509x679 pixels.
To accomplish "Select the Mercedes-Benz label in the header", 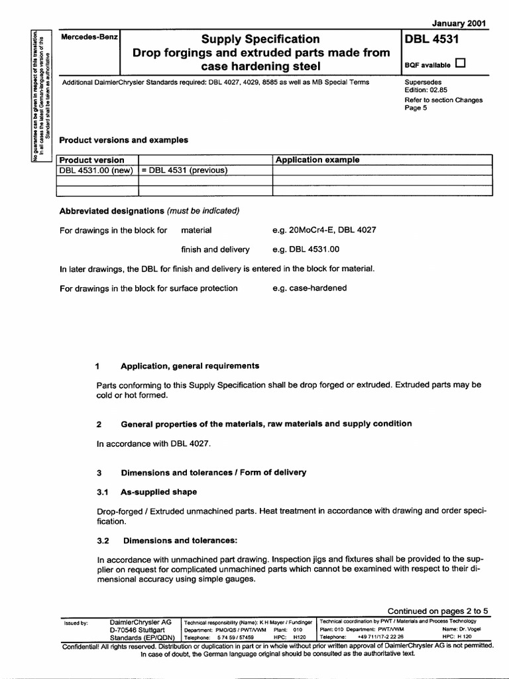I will pyautogui.click(x=89, y=38).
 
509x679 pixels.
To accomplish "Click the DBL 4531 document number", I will pyautogui.click(x=431, y=40).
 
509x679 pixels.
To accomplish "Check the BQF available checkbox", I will pyautogui.click(x=461, y=64).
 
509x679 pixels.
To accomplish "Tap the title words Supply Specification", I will pyautogui.click(x=260, y=39).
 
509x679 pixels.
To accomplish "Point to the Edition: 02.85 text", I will pyautogui.click(x=426, y=92).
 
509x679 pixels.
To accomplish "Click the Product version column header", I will pyautogui.click(x=91, y=160).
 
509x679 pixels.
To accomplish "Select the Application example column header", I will pyautogui.click(x=317, y=160).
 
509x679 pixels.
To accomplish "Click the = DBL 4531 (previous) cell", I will pyautogui.click(x=184, y=170).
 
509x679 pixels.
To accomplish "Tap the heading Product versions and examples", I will pyautogui.click(x=124, y=140).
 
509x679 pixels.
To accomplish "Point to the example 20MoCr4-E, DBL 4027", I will pyautogui.click(x=324, y=231).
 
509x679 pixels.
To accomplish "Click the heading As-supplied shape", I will pyautogui.click(x=158, y=492).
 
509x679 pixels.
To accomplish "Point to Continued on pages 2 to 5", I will pyautogui.click(x=437, y=611).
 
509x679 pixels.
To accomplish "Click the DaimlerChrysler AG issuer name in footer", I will pyautogui.click(x=141, y=622).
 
